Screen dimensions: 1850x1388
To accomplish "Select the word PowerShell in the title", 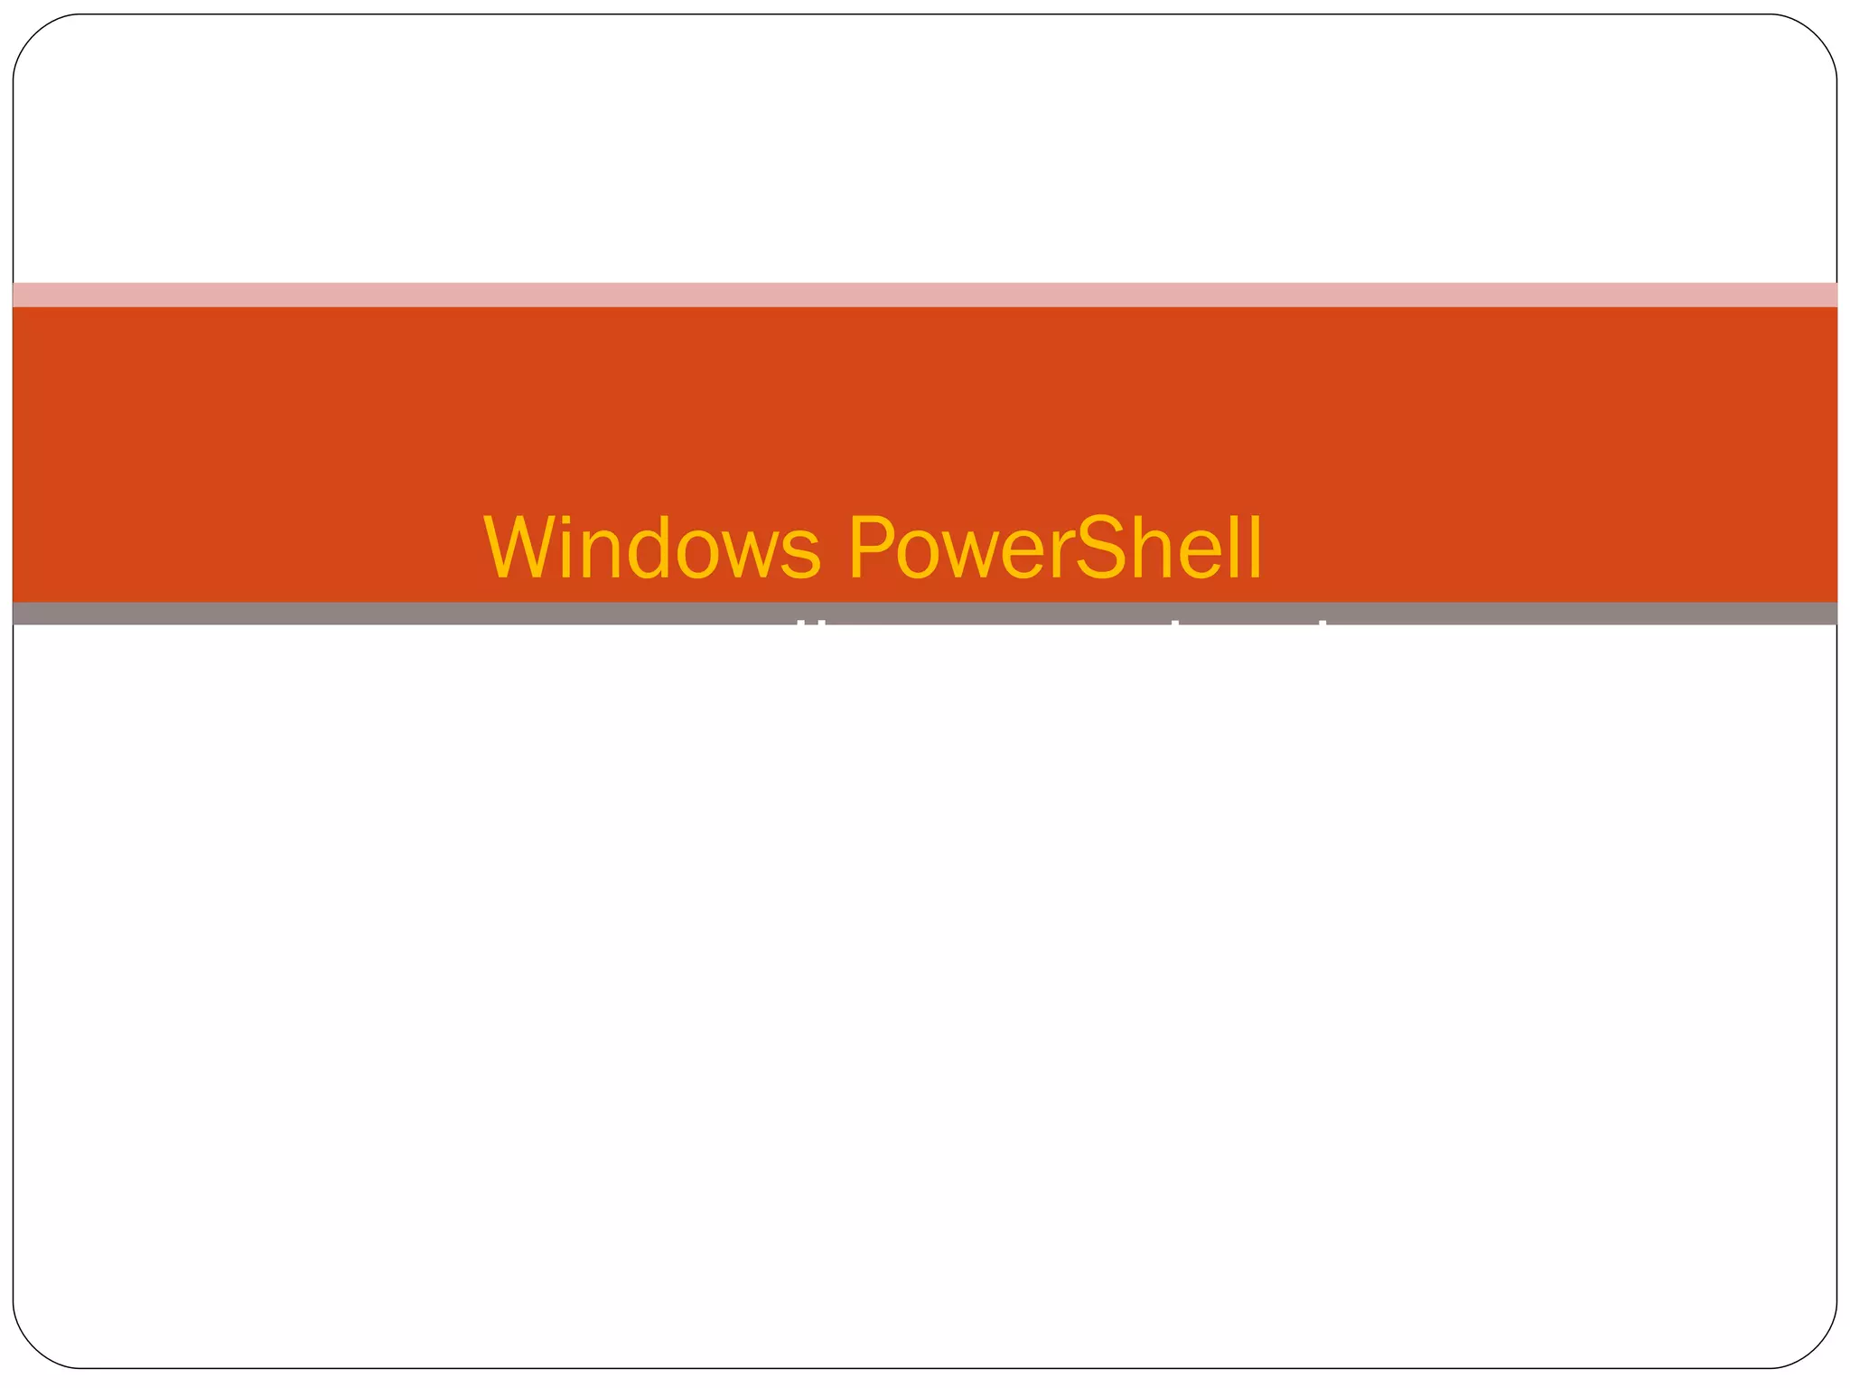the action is coord(1054,549).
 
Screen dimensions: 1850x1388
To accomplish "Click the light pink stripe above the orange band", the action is coord(925,295).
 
